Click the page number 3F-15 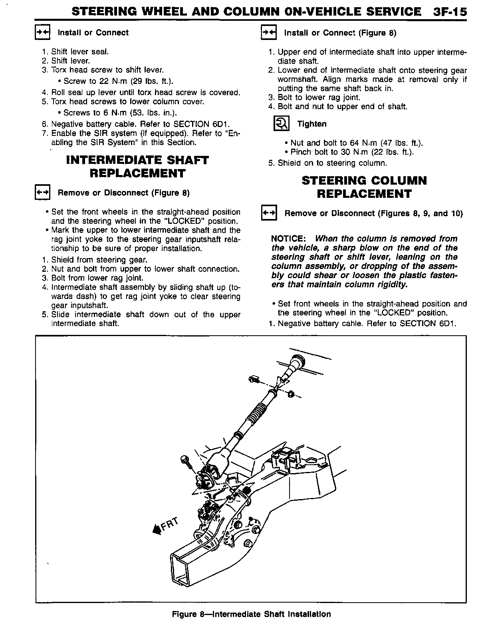[x=449, y=12]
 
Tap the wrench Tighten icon [x=281, y=124]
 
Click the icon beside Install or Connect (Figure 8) [x=268, y=33]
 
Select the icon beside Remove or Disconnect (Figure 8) [x=42, y=193]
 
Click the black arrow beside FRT [x=157, y=530]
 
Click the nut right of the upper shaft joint [x=291, y=394]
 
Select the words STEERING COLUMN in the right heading [x=364, y=181]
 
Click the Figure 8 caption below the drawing [x=251, y=614]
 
